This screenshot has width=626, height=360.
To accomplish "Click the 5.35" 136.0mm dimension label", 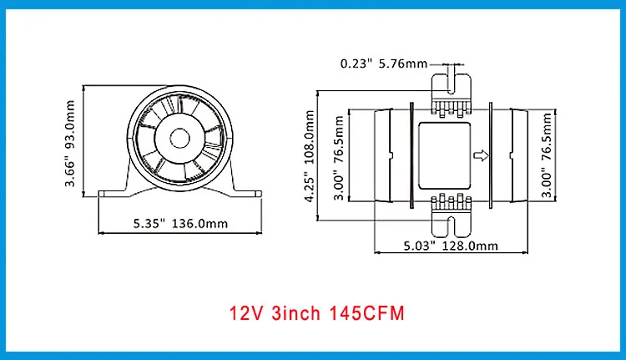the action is click(x=180, y=223).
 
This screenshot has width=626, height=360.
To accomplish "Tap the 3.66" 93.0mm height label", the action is click(x=70, y=144).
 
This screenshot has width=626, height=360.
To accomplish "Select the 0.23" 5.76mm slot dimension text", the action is click(x=384, y=63).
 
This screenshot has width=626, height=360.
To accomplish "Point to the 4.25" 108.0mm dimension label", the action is click(x=310, y=156).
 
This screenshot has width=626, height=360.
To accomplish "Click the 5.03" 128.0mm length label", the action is click(x=451, y=246).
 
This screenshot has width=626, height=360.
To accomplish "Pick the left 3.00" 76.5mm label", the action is click(x=339, y=158).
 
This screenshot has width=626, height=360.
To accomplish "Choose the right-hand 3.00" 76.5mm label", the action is click(x=546, y=155).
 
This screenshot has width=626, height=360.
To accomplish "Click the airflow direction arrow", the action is click(x=481, y=155).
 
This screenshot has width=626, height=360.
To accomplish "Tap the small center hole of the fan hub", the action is click(x=179, y=139).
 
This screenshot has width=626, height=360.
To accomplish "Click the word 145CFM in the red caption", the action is click(x=367, y=313).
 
